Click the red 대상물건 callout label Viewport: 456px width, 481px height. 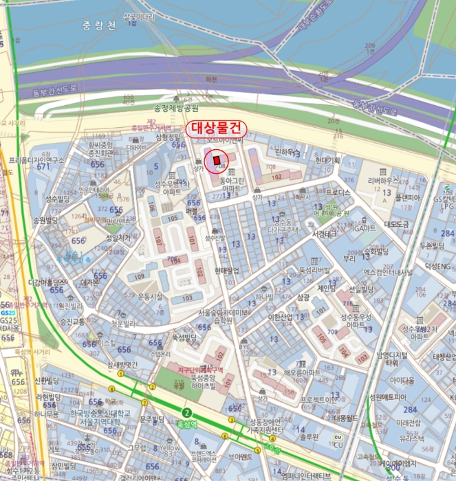tap(216, 128)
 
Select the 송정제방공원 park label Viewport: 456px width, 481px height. tap(176, 109)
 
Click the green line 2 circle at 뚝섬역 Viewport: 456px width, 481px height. tap(186, 412)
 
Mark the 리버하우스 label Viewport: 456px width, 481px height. tap(383, 181)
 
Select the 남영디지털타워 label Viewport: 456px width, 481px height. tap(392, 358)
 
